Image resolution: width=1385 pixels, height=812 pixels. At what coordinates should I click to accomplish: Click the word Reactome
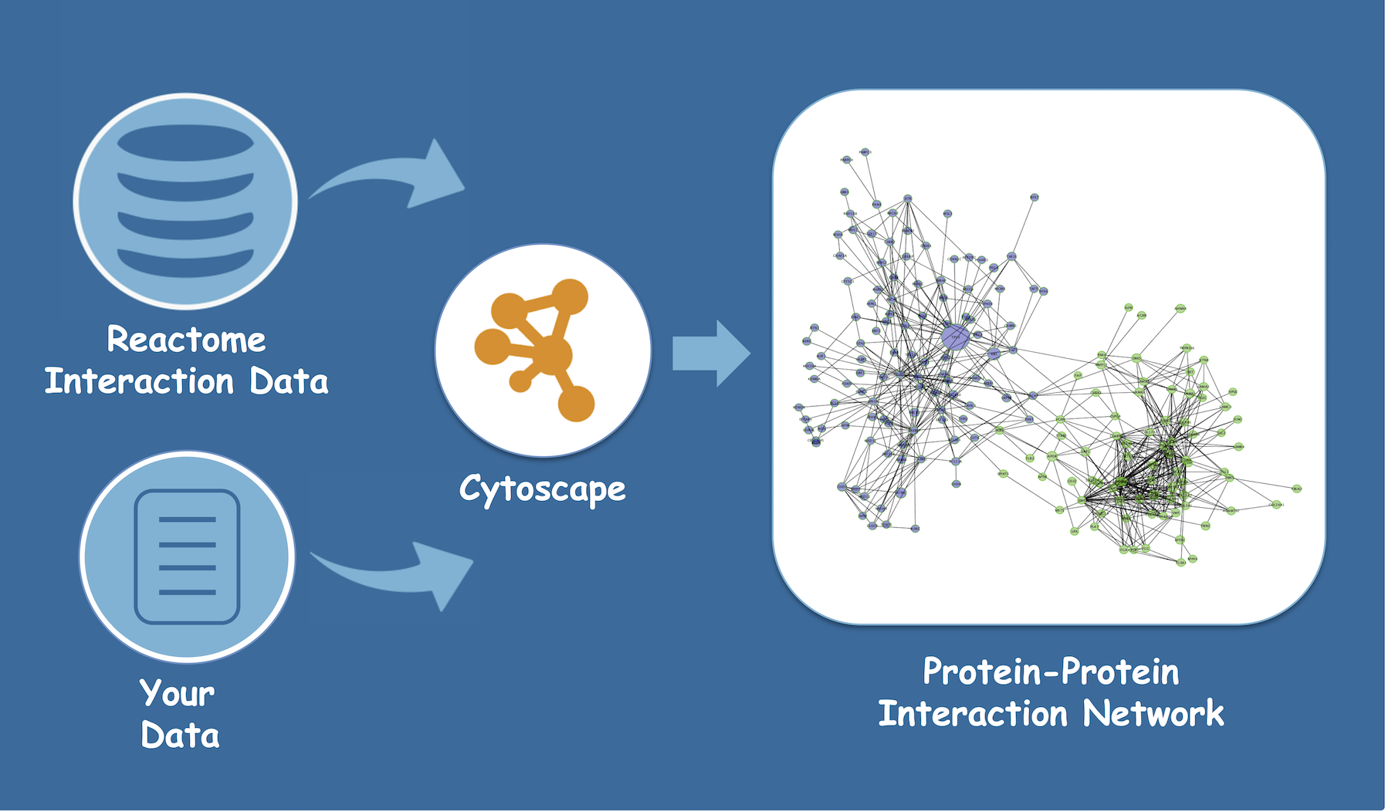click(x=186, y=340)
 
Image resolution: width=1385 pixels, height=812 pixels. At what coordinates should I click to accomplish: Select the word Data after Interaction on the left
click(x=289, y=381)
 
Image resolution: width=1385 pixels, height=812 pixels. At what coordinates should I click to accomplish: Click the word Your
click(x=177, y=693)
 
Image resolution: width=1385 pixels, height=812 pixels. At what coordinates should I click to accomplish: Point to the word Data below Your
click(x=180, y=736)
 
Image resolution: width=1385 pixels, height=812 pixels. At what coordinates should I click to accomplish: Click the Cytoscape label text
click(x=542, y=489)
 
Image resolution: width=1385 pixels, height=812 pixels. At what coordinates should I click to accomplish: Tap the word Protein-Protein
click(x=1051, y=672)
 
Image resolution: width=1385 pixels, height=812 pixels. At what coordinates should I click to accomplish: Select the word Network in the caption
click(x=1153, y=713)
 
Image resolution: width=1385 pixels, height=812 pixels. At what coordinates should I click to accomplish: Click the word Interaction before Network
click(x=973, y=713)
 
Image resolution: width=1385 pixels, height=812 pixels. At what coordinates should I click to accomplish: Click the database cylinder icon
click(x=185, y=201)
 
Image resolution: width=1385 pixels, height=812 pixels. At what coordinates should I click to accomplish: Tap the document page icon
click(x=187, y=557)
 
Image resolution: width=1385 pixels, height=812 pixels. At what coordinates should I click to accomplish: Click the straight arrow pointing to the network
click(x=709, y=354)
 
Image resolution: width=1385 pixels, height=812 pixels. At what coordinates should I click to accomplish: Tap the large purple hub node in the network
click(x=956, y=337)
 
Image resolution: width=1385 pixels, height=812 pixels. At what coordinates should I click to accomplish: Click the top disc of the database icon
click(x=185, y=144)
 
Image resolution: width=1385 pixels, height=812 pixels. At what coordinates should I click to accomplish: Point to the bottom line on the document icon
click(x=187, y=593)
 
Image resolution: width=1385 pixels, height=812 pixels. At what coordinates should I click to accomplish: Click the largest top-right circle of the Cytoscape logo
click(x=570, y=298)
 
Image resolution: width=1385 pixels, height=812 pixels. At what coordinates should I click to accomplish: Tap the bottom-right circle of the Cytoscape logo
click(x=576, y=403)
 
